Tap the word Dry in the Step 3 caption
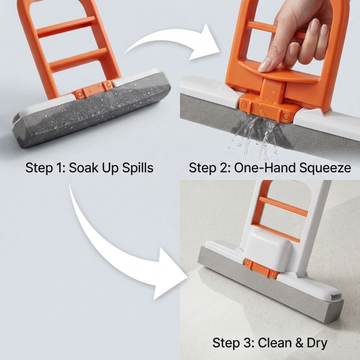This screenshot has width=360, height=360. pyautogui.click(x=317, y=344)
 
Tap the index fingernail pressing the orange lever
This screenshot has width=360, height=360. pyautogui.click(x=265, y=65)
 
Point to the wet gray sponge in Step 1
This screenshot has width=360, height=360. pyautogui.click(x=92, y=110)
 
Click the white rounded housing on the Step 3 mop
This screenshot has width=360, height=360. pyautogui.click(x=268, y=247)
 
